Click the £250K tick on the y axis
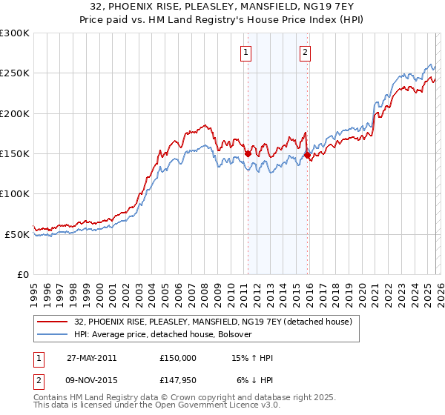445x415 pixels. (x=15, y=73)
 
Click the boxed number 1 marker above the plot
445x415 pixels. (x=246, y=52)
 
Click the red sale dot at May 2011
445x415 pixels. (x=248, y=153)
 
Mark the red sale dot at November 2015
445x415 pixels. (x=307, y=156)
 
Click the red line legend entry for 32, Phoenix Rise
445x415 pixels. (x=208, y=322)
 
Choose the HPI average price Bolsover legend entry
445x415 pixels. (x=163, y=334)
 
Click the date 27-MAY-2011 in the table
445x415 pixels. (x=91, y=357)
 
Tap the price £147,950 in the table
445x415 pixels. (x=178, y=382)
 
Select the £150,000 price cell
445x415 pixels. (x=178, y=357)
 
